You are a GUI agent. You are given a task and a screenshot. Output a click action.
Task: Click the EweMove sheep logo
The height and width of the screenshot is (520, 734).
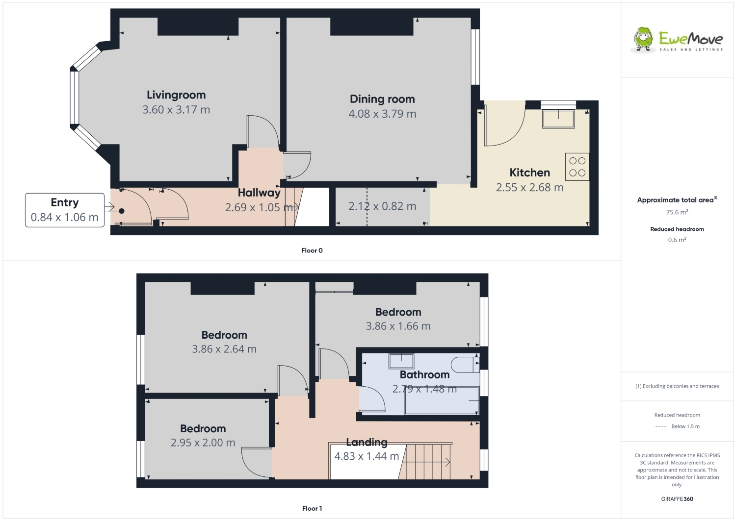(643, 39)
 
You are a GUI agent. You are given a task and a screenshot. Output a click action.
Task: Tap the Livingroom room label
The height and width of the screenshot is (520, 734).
(176, 95)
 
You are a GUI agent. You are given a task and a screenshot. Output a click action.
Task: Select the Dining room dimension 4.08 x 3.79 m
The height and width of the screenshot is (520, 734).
(382, 114)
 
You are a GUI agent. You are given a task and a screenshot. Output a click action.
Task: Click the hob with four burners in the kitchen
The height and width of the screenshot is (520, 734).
(577, 167)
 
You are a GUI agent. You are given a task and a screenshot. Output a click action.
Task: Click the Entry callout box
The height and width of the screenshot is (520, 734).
(65, 210)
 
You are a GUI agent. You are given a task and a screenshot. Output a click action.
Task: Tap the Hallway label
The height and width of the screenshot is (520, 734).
(259, 193)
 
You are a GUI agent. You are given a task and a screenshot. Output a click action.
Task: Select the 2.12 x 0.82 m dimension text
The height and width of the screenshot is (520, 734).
(382, 206)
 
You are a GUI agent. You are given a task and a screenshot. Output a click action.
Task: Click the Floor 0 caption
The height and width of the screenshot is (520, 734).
(312, 250)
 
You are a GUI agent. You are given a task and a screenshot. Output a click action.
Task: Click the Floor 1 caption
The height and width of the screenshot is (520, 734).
(312, 508)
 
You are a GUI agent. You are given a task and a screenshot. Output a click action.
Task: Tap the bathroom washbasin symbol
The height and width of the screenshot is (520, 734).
(401, 361)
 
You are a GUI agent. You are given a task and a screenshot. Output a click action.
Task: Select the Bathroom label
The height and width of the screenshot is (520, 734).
(424, 375)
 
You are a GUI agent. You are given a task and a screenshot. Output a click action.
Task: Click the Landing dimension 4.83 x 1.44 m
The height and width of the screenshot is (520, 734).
(367, 456)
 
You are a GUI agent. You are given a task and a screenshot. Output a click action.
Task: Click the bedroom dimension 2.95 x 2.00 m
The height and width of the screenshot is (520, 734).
(203, 443)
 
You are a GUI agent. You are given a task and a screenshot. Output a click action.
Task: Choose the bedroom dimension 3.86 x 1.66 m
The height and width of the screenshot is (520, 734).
(398, 326)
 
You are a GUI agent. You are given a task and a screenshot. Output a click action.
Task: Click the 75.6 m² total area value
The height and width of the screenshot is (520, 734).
(677, 212)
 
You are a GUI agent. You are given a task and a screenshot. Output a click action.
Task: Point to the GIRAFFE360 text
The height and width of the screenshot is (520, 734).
(677, 499)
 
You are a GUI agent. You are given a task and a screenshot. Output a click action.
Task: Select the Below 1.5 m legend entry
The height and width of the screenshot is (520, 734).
(685, 426)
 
